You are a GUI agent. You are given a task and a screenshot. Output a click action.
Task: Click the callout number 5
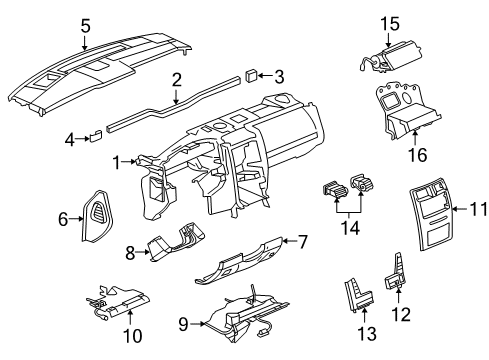(x=85, y=26)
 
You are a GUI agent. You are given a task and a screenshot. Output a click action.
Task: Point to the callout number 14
(x=348, y=228)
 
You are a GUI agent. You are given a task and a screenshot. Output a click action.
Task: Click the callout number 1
(x=118, y=160)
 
